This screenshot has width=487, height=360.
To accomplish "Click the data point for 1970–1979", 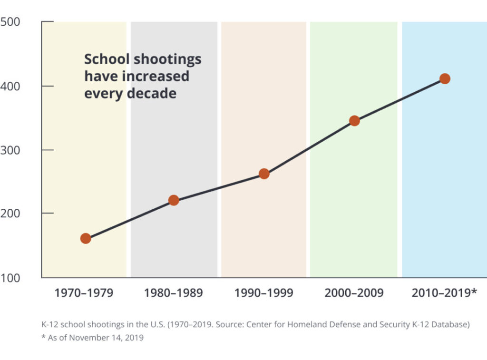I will pos(86,238).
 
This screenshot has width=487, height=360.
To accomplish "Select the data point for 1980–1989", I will pos(174,200).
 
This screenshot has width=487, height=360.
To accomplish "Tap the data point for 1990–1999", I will pos(264,174).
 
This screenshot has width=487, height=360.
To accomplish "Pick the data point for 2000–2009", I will pos(354,121).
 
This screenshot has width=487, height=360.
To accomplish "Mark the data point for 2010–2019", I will pos(445,79).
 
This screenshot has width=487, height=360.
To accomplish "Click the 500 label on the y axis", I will pos(10,22).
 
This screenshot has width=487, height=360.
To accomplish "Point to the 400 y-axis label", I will pos(10,86).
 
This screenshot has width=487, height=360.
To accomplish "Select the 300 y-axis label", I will pos(10,150).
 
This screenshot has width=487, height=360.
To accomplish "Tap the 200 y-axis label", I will pos(10,214).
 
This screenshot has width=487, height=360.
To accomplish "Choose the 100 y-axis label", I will pos(10,277).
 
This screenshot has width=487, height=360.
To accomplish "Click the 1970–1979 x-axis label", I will pos(84,292).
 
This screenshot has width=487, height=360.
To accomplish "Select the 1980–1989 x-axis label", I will pos(173,292).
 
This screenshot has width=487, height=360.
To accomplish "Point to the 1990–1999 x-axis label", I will pos(263,292).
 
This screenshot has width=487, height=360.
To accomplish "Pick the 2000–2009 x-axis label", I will pos(354,292).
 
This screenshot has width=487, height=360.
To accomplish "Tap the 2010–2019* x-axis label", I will pos(444,292).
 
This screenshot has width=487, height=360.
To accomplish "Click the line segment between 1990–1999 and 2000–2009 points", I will pos(309,147).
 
